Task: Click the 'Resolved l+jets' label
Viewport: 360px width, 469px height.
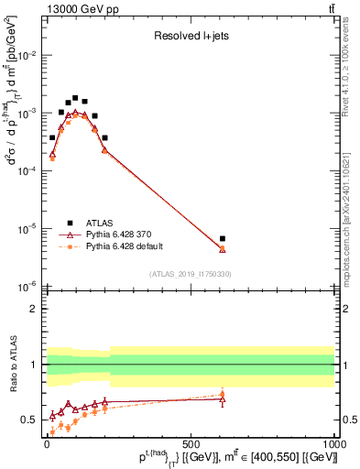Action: (191, 38)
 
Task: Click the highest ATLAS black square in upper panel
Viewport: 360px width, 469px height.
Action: (75, 97)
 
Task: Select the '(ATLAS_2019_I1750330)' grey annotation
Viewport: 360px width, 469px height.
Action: (191, 274)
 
